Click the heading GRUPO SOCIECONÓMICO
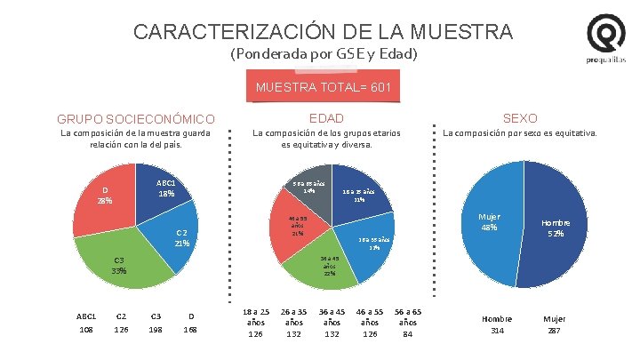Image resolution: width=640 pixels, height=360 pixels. click(x=136, y=118)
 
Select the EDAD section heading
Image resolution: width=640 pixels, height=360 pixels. click(x=326, y=117)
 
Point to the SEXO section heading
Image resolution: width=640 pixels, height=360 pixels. click(x=520, y=117)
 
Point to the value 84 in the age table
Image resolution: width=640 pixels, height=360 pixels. click(x=408, y=334)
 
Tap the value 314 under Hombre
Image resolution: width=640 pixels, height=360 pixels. click(x=497, y=332)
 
